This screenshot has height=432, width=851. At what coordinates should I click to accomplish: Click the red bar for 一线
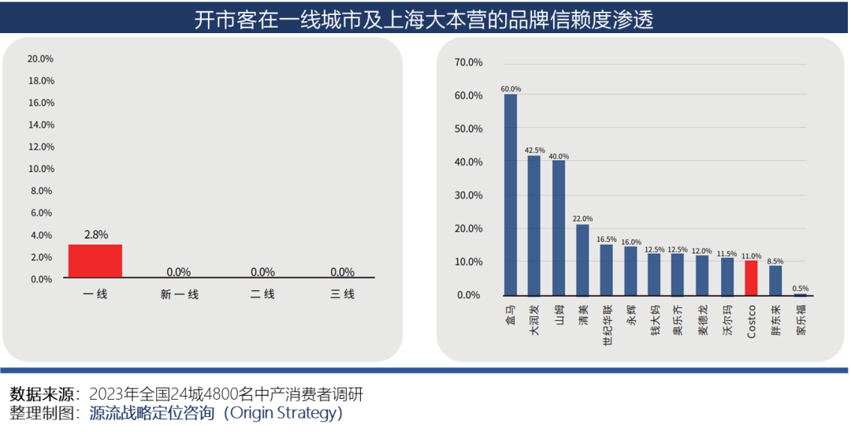pyautogui.click(x=95, y=261)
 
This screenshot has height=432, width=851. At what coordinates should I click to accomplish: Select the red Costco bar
pyautogui.click(x=751, y=277)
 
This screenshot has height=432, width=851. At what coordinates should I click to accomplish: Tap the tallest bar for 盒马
pyautogui.click(x=510, y=194)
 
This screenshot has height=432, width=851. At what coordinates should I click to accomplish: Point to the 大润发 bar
pyautogui.click(x=534, y=225)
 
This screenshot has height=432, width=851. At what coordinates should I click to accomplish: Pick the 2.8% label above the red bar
pyautogui.click(x=95, y=235)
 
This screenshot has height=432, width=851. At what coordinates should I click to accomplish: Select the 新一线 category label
pyautogui.click(x=179, y=294)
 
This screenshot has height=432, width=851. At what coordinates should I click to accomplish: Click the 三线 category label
pyautogui.click(x=342, y=294)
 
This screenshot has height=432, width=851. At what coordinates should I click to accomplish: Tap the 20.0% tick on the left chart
pyautogui.click(x=40, y=58)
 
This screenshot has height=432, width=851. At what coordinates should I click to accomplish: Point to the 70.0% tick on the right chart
pyautogui.click(x=468, y=62)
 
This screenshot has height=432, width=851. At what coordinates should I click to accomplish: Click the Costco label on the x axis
pyautogui.click(x=751, y=321)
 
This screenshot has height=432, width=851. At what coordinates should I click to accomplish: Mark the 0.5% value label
pyautogui.click(x=800, y=289)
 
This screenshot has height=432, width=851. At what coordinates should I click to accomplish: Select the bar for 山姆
pyautogui.click(x=559, y=228)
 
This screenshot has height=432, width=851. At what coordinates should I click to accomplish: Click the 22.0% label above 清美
pyautogui.click(x=582, y=219)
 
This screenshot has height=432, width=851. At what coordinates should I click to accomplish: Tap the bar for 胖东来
pyautogui.click(x=775, y=280)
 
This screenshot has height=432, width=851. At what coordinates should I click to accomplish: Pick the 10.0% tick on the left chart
pyautogui.click(x=40, y=169)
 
